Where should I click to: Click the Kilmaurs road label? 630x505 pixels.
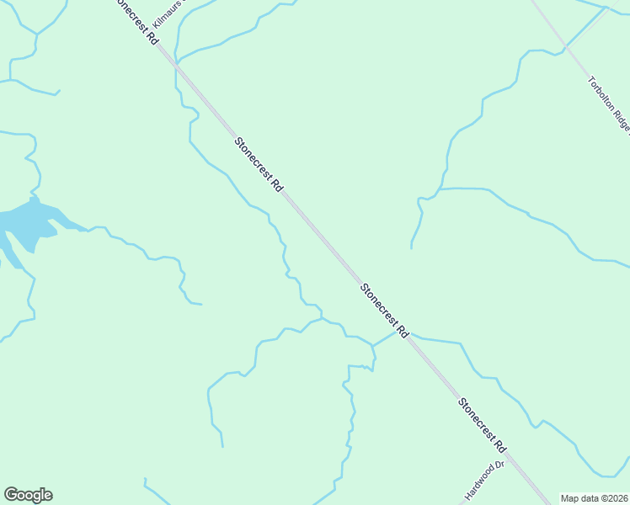point(168,14)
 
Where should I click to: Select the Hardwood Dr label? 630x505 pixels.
point(484,478)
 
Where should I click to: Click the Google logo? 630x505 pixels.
point(28,495)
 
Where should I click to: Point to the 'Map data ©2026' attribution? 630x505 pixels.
point(594,498)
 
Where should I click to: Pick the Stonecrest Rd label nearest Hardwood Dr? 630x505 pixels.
point(482,424)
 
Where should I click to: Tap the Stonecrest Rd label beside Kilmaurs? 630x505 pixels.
point(136,22)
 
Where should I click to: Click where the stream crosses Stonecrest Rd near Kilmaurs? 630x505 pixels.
point(177,62)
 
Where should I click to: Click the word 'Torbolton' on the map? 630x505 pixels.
point(601,94)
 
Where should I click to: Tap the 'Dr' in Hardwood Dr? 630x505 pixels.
point(498,465)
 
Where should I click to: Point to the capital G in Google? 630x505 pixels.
point(11,495)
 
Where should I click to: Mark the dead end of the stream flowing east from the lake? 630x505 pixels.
point(201,304)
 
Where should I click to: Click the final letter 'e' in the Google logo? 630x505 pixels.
point(47,496)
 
